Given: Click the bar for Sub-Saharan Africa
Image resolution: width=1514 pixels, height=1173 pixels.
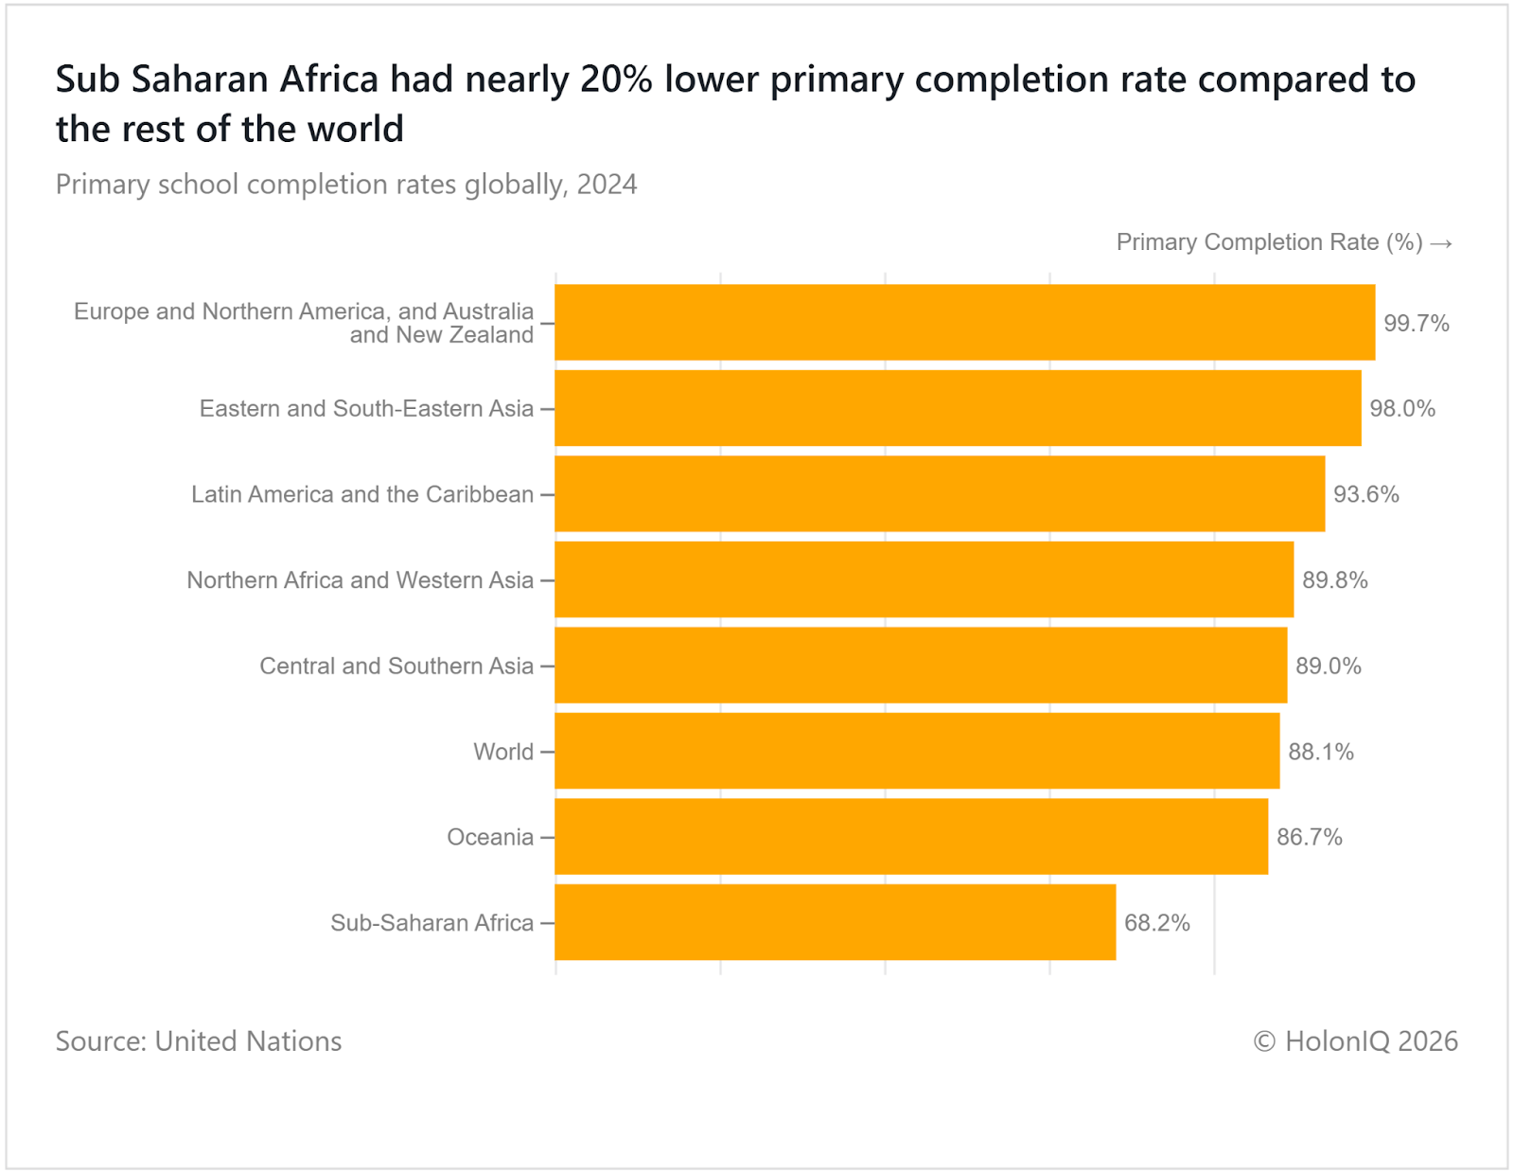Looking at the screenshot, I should [x=835, y=922].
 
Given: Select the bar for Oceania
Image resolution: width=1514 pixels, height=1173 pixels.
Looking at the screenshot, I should [x=910, y=836].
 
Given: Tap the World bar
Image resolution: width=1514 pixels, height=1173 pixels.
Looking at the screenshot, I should [x=916, y=751].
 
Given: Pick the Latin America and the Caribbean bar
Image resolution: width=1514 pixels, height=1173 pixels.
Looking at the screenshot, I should [x=939, y=493].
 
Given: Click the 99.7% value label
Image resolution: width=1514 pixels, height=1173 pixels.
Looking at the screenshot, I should [x=1416, y=323].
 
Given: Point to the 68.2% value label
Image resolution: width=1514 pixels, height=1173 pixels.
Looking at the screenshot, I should [x=1156, y=922].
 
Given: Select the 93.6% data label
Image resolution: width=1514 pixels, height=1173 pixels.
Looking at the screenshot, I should [x=1365, y=494].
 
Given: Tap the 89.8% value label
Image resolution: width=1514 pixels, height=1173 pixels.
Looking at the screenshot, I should [x=1334, y=579].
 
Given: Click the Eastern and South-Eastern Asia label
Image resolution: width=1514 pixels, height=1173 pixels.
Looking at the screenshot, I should [x=366, y=408].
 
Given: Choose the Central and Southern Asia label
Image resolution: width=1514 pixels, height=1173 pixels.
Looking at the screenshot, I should [x=396, y=666].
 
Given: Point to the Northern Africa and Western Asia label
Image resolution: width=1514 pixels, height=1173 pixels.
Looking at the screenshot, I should [x=360, y=579].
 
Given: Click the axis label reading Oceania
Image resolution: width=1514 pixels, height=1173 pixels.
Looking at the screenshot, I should [x=490, y=837].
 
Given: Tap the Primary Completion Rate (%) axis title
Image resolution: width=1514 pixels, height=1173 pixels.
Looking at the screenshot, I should [x=1269, y=242].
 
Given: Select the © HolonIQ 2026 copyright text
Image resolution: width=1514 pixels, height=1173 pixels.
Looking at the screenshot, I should [x=1355, y=1040].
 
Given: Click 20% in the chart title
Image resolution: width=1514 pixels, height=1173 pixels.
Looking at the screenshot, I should [x=616, y=80].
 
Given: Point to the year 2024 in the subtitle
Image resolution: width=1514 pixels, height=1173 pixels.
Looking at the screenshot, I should [x=607, y=184].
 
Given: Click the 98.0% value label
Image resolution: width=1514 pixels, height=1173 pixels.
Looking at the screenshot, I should [x=1402, y=408].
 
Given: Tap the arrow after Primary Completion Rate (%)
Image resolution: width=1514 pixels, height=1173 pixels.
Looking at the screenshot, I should [x=1441, y=243].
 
